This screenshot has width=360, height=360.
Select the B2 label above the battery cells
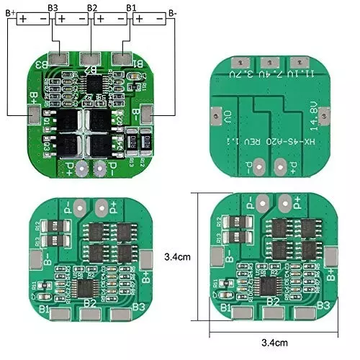click(x=92, y=6)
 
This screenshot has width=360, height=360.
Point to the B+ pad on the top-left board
click(x=33, y=113)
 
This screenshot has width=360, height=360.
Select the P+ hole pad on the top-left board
click(x=83, y=168)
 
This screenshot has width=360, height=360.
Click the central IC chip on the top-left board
click(x=92, y=85)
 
